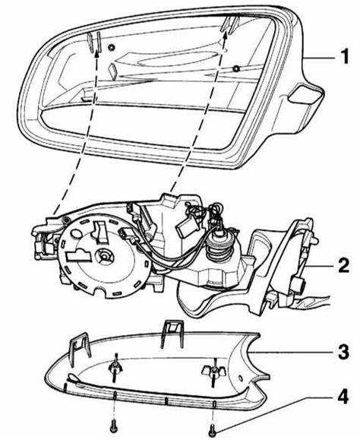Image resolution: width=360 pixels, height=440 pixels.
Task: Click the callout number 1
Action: tap(344, 56)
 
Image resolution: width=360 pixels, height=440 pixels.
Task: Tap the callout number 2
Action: tap(343, 264)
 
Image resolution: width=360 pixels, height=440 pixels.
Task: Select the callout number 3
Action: tap(343, 351)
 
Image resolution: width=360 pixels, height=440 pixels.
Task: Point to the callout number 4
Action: tap(343, 397)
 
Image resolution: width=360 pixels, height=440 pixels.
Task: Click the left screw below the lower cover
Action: tap(115, 424)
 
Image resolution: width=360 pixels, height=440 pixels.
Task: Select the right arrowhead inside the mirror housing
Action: tap(226, 33)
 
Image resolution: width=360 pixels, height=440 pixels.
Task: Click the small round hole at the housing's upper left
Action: tap(112, 47)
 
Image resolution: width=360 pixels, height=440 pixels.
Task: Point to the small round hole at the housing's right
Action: tap(236, 68)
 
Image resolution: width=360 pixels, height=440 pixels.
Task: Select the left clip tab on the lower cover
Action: tap(80, 349)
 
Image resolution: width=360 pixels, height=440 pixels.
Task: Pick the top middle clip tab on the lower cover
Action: tap(172, 334)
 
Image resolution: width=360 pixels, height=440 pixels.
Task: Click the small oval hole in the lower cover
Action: tap(240, 378)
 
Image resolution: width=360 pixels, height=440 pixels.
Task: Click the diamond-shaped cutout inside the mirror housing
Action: tap(112, 71)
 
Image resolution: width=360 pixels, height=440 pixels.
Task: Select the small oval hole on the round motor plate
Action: tap(75, 233)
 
